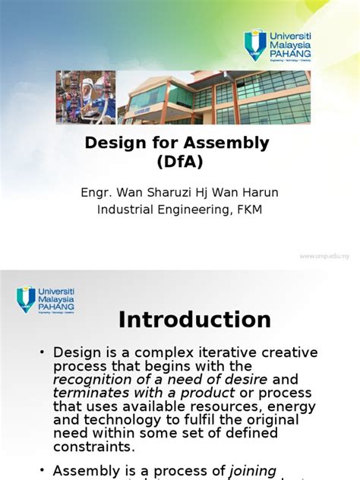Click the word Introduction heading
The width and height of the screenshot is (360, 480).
coord(194,320)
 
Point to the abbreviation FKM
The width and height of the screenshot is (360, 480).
coord(248,210)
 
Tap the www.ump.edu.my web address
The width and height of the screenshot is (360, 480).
coord(324,256)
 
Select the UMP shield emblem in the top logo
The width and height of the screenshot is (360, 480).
coord(254,44)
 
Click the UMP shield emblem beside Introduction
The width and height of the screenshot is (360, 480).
coord(26,298)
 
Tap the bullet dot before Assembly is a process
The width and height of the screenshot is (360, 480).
coord(43,472)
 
